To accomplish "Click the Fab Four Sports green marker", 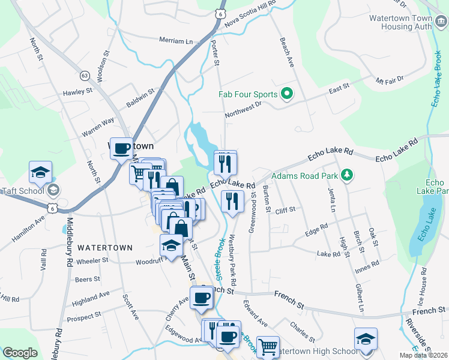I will [x=287, y=94].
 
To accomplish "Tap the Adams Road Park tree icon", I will [x=346, y=175].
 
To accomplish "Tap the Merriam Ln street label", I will [x=176, y=41].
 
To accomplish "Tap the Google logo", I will [x=20, y=353].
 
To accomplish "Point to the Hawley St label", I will [x=79, y=92].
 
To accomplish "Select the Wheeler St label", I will [x=92, y=261].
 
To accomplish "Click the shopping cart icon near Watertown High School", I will [x=268, y=346].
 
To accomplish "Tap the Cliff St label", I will [x=285, y=210].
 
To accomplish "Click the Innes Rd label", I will [x=367, y=264].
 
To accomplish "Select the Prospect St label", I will [x=84, y=316].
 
